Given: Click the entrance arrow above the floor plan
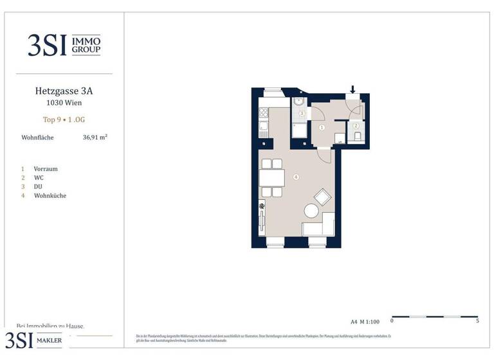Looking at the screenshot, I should click(x=352, y=89).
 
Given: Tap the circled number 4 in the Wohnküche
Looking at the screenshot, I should click(x=296, y=177).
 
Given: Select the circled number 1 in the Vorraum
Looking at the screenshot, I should click(x=322, y=127).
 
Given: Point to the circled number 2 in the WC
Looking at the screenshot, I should click(x=356, y=125).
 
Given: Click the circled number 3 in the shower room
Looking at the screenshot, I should click(x=301, y=114).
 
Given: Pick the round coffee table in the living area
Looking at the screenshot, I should click(x=312, y=210).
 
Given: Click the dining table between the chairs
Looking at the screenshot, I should click(x=272, y=177).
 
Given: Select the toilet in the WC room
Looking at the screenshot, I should click(x=356, y=136).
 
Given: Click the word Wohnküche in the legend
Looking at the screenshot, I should click(x=50, y=195).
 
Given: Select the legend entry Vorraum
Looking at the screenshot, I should click(x=46, y=169).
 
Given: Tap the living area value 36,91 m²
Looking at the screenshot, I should click(x=95, y=137).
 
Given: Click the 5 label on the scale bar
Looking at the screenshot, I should click(x=477, y=320).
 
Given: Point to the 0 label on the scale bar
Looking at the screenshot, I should click(x=392, y=320).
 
